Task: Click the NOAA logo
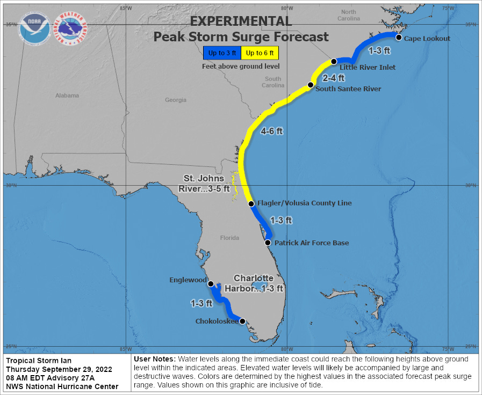[35, 28]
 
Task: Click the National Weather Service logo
[72, 28]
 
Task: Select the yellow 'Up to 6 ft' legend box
[260, 53]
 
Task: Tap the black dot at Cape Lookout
[399, 37]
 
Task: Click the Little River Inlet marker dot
[334, 62]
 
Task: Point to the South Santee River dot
[310, 85]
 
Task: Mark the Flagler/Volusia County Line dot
[251, 203]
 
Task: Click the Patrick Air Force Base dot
[268, 242]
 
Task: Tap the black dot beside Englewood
[211, 283]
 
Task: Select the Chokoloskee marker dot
[242, 321]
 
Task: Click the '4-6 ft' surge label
[272, 131]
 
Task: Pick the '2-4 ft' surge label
[333, 78]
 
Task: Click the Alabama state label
[67, 96]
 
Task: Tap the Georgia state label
[176, 100]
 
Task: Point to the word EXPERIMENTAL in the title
[241, 21]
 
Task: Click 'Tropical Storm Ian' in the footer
[39, 361]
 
